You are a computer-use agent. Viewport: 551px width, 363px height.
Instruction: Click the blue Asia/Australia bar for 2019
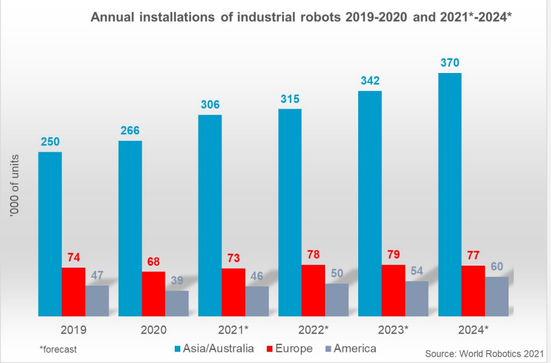[50, 234]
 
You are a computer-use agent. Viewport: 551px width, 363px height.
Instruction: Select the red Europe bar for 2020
[154, 293]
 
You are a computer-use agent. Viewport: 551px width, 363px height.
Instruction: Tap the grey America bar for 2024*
[496, 296]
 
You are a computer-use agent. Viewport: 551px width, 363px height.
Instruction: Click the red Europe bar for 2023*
[393, 290]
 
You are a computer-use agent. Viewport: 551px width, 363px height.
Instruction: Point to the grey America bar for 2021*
[256, 301]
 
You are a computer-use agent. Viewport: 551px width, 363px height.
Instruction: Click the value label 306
[210, 105]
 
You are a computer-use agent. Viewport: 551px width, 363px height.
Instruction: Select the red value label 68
[154, 261]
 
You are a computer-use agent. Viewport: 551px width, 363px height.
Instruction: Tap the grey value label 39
[177, 280]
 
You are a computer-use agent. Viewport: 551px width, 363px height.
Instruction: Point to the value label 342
[370, 81]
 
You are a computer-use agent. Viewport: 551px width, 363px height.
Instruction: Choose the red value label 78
[313, 254]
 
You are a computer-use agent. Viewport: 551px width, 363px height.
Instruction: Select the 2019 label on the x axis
[74, 329]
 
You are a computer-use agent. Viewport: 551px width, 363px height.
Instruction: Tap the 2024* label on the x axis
[473, 329]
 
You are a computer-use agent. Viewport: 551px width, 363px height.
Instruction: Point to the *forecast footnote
[58, 349]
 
